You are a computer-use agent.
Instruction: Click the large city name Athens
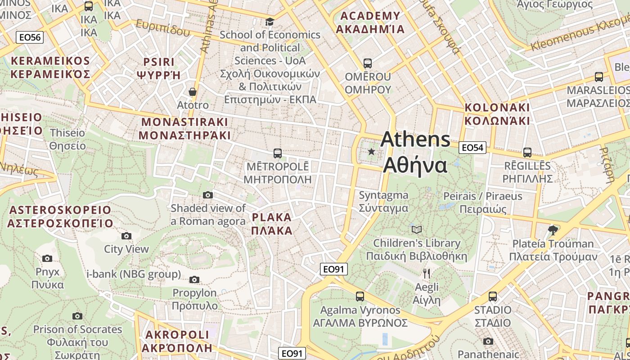415,139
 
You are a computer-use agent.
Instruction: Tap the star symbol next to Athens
371,152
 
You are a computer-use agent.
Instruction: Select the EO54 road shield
472,147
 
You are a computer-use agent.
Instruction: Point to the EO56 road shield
30,37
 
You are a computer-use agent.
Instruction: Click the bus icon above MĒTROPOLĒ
278,153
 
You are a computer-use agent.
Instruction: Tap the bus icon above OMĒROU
368,63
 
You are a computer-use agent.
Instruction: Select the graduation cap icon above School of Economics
270,22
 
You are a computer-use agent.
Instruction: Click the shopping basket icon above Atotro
193,92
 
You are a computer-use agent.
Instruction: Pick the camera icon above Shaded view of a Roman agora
207,195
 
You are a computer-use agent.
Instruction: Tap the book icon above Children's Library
417,229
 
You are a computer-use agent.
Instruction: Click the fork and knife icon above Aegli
427,273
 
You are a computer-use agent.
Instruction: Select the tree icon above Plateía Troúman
553,230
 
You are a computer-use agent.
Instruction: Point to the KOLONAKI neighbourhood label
497,114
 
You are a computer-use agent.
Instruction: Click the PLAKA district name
272,224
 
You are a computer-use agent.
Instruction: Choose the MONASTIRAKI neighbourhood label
184,128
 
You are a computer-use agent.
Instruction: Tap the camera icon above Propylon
194,279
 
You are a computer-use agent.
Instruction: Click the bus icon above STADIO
493,297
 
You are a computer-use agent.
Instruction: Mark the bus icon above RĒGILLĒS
527,153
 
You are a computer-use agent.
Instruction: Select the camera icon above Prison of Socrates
77,316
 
